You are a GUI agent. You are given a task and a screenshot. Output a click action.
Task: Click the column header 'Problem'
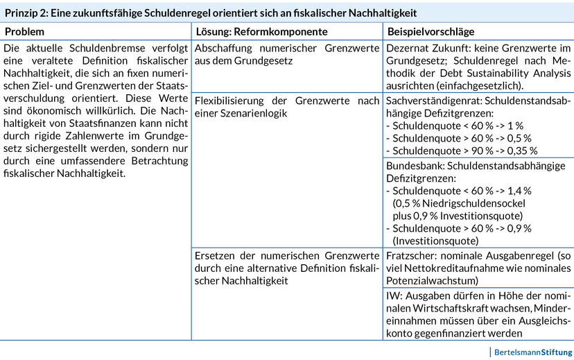(x=24, y=32)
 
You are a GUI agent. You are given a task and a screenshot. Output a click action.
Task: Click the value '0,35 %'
(x=522, y=151)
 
